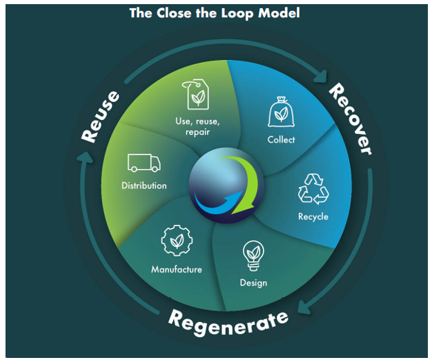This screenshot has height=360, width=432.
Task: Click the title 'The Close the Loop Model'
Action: pos(214,13)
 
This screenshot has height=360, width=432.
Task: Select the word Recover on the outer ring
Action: pos(349,118)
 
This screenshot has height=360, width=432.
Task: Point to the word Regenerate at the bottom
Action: pos(228,320)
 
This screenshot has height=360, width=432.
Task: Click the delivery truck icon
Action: pos(144,163)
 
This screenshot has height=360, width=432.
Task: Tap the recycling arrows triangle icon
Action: pos(313,188)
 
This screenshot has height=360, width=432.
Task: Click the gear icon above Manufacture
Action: pos(175,241)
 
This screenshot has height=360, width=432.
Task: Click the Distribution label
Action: pos(144,186)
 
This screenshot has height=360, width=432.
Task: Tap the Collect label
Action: pos(281,140)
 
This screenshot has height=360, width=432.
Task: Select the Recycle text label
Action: pos(313,217)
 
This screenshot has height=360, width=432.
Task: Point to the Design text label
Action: pos(253,283)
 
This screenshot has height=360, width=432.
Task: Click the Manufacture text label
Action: pos(176,269)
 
